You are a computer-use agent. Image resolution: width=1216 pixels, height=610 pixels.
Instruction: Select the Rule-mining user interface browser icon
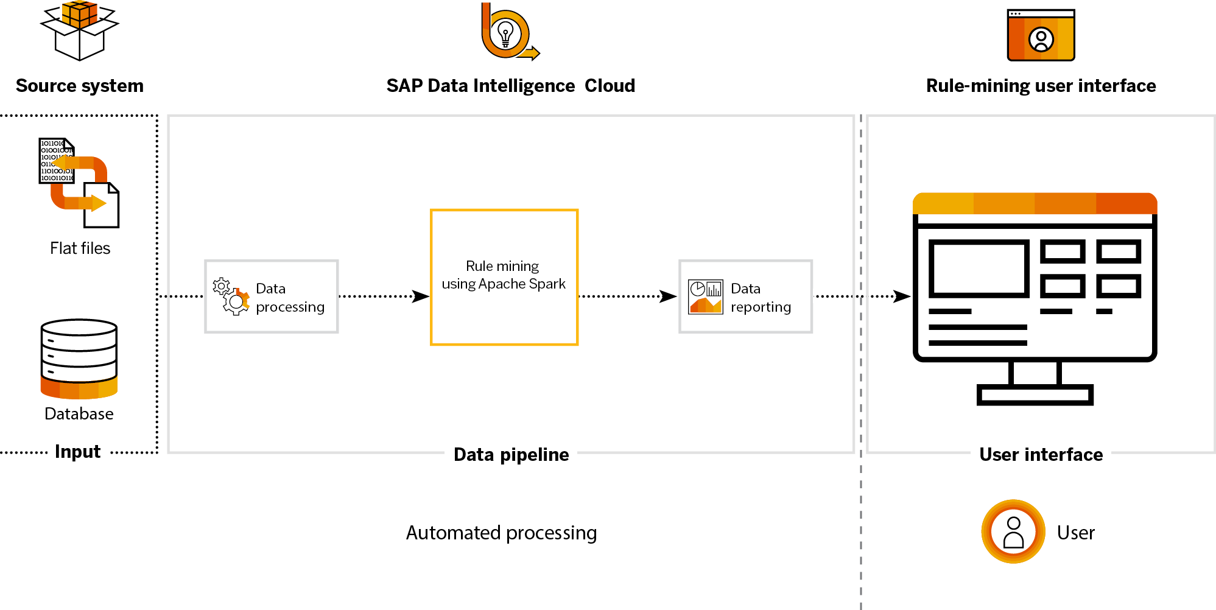[x=1041, y=35]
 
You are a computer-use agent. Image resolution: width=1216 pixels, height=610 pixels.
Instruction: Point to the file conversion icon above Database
[x=79, y=183]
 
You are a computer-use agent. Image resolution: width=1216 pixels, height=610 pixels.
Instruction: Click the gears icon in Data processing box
[x=231, y=296]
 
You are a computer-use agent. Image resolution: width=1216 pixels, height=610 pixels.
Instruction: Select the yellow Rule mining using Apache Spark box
[x=504, y=277]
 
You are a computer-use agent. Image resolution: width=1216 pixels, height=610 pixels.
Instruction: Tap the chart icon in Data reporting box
[x=705, y=296]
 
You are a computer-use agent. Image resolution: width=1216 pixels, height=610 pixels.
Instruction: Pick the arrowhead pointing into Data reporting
[x=669, y=296]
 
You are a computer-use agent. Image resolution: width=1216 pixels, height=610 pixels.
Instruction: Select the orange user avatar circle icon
[x=1013, y=531]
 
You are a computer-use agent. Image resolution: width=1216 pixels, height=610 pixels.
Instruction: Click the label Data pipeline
[x=511, y=454]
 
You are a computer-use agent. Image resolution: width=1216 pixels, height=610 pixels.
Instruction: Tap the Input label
[x=77, y=452]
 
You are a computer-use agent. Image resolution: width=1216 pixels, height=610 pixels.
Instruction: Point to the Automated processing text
[x=501, y=533]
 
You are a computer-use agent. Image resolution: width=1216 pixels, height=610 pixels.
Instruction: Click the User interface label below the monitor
[x=1041, y=454]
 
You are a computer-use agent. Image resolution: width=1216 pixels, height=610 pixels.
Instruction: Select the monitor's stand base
[x=1035, y=394]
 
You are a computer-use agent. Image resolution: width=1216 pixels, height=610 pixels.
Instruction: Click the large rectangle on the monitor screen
[x=979, y=268]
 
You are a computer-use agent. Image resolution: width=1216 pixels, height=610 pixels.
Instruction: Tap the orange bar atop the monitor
[x=1035, y=203]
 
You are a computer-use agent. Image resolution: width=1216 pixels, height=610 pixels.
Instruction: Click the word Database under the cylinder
[x=79, y=414]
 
